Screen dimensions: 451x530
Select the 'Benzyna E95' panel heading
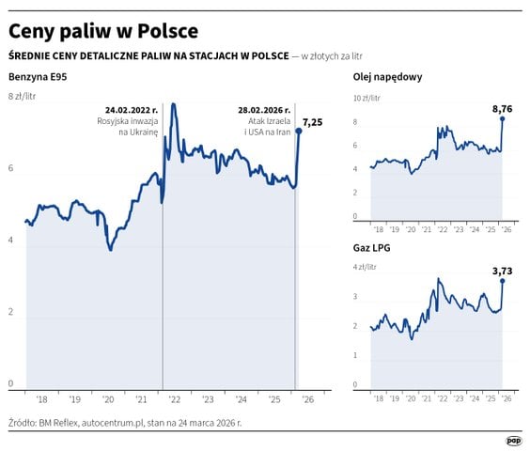pos(38,76)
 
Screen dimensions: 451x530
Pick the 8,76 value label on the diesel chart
pos(504,110)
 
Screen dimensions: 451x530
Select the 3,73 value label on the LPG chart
pos(504,272)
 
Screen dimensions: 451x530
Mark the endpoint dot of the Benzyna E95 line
pos(300,131)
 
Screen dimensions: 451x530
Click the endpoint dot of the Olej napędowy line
pos(503,119)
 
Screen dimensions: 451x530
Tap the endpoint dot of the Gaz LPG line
pos(503,281)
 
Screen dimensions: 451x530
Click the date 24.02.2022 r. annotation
pos(132,109)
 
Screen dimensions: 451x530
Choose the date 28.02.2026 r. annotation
pos(263,109)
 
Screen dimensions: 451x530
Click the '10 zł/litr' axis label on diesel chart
pos(366,98)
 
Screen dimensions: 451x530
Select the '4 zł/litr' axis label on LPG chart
pos(365,268)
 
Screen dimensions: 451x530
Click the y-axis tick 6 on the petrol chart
pos(11,168)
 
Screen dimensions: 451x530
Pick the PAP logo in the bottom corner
pos(513,440)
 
